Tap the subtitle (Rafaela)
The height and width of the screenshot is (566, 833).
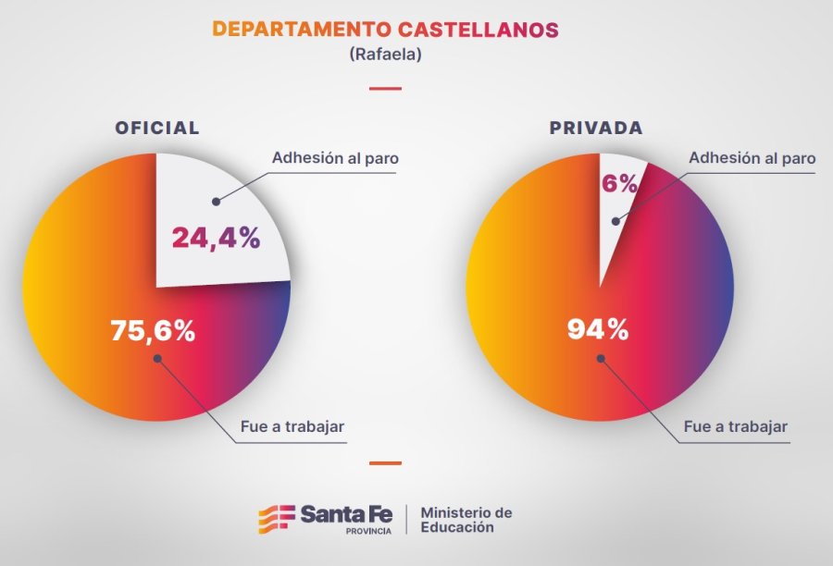coord(385,55)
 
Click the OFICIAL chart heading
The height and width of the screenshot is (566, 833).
coord(156,129)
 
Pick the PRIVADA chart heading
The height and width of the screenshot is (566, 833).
coord(596,129)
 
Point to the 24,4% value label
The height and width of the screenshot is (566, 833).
coord(216,238)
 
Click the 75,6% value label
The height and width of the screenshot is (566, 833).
coord(153,330)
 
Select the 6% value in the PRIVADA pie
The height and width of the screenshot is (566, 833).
coord(620,184)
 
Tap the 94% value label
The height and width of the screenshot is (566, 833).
coord(598,328)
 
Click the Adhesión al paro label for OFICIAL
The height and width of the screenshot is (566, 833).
coord(335,158)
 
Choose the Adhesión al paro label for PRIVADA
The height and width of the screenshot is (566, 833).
coord(752,158)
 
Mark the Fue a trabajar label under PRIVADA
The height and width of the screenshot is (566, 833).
coord(736,427)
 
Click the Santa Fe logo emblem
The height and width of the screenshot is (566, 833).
coord(275,519)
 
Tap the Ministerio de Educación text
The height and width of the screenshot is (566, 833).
coord(466,520)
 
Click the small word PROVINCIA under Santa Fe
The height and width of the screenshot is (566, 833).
coord(367,532)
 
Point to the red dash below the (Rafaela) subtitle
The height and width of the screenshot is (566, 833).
coord(385,89)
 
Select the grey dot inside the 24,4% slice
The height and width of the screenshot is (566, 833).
coord(215,200)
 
